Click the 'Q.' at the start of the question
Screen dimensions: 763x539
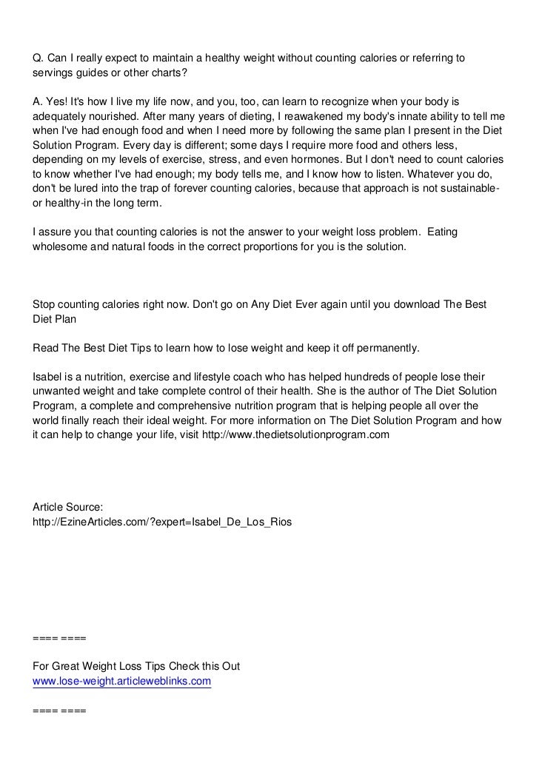pos(39,58)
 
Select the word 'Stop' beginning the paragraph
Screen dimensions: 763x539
pos(46,305)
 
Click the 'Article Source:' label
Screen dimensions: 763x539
pos(69,507)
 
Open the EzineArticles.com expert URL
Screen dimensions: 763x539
pos(163,522)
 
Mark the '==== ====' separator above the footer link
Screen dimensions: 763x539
pos(60,636)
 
